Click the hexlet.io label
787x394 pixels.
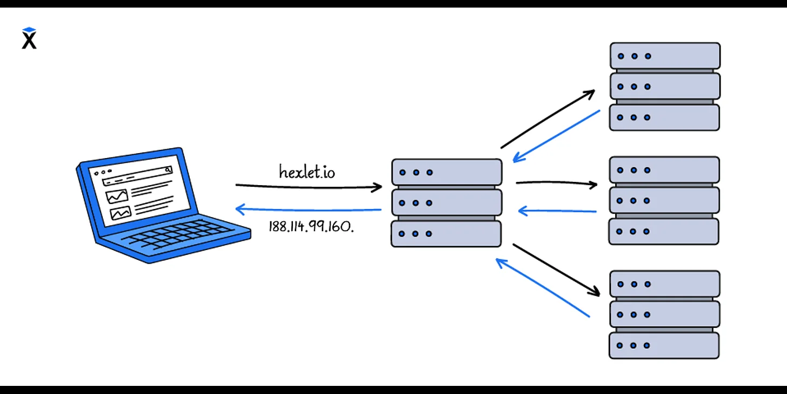(306, 172)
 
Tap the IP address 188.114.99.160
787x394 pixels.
(311, 226)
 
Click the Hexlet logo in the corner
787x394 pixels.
(29, 38)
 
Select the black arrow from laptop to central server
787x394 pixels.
(308, 187)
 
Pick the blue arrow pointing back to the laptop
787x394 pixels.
(308, 209)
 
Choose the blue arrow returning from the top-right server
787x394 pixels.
(557, 136)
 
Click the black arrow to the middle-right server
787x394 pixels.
(557, 183)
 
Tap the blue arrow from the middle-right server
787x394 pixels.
(557, 211)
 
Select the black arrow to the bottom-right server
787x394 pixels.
(557, 270)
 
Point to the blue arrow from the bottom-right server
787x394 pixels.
(543, 288)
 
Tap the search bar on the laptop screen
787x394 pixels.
(138, 176)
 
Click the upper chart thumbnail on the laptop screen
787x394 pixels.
(117, 196)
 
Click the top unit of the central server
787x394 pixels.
(446, 172)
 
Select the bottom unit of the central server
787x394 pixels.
(446, 234)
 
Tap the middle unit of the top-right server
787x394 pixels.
(665, 86)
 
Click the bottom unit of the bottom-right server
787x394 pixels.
(664, 345)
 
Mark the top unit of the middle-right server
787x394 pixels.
(664, 170)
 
